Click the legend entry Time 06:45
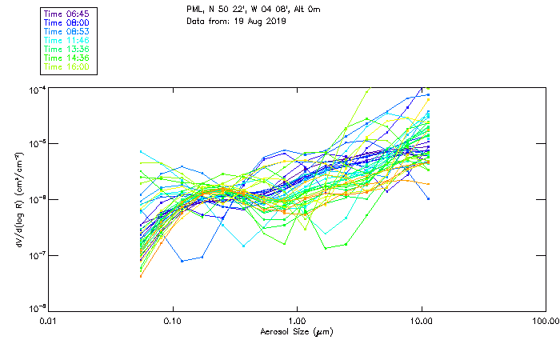[x=67, y=14]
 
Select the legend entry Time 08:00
[x=67, y=23]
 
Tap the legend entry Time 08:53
[x=67, y=32]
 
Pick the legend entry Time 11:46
[x=67, y=41]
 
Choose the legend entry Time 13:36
[x=67, y=50]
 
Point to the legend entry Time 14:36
[x=67, y=58]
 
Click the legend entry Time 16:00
[x=67, y=67]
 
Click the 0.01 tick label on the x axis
[x=49, y=322]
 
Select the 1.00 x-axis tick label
[x=298, y=322]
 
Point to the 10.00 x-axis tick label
[x=422, y=322]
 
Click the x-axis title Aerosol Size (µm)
[x=297, y=331]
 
